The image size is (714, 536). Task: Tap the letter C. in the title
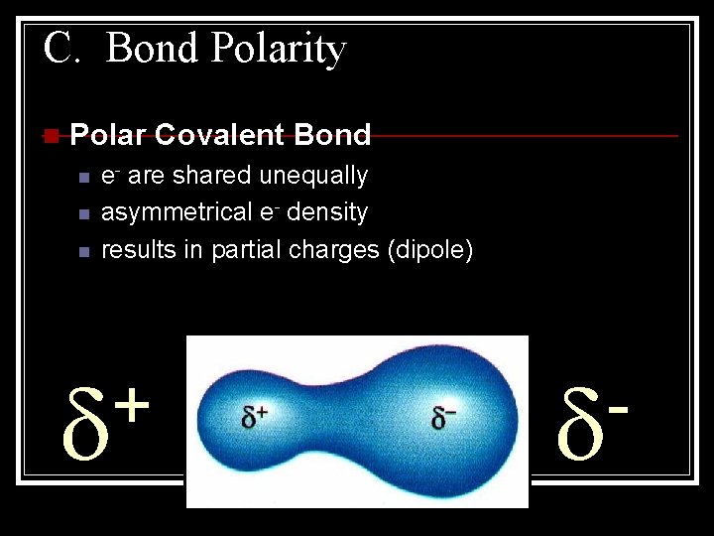click(61, 47)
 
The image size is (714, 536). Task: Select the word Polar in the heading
click(108, 135)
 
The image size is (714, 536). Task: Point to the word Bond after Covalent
click(333, 135)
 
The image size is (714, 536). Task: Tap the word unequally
click(313, 176)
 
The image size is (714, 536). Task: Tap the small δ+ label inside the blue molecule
click(256, 417)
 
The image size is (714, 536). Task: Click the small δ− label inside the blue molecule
click(442, 417)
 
